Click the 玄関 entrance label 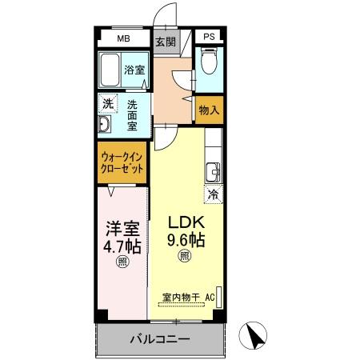click(x=165, y=42)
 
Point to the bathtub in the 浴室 click(x=111, y=70)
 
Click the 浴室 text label click(x=134, y=70)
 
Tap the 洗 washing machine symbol click(x=106, y=103)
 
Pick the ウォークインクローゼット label click(x=123, y=165)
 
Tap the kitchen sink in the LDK click(x=214, y=170)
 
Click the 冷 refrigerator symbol click(x=213, y=193)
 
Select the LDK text click(x=186, y=222)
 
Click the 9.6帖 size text click(x=186, y=239)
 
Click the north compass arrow click(x=254, y=334)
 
